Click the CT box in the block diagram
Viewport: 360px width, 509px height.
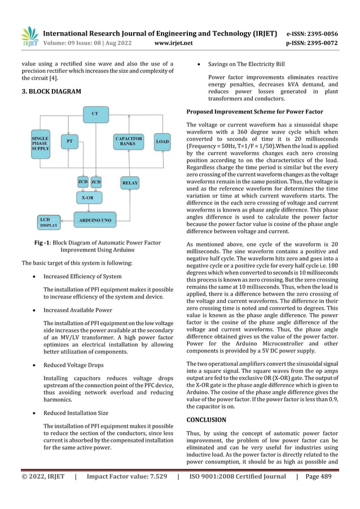point(95,114)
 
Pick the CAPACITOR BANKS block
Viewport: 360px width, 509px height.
point(129,141)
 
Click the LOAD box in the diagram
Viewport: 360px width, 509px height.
point(162,141)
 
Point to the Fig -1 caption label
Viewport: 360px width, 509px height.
point(43,243)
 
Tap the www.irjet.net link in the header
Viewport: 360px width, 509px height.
point(173,42)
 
